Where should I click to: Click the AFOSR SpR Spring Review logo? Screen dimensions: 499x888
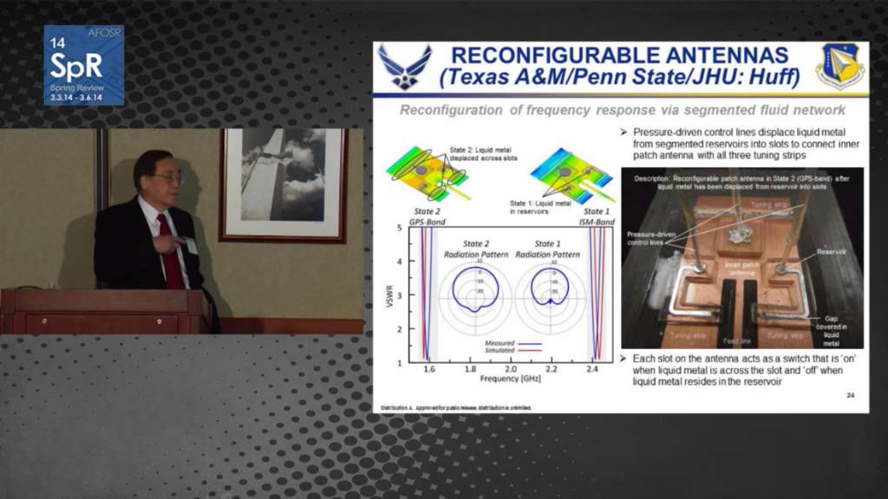[x=84, y=65]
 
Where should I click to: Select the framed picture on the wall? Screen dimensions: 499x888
[x=283, y=185]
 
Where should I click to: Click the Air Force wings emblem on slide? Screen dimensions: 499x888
[x=404, y=67]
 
